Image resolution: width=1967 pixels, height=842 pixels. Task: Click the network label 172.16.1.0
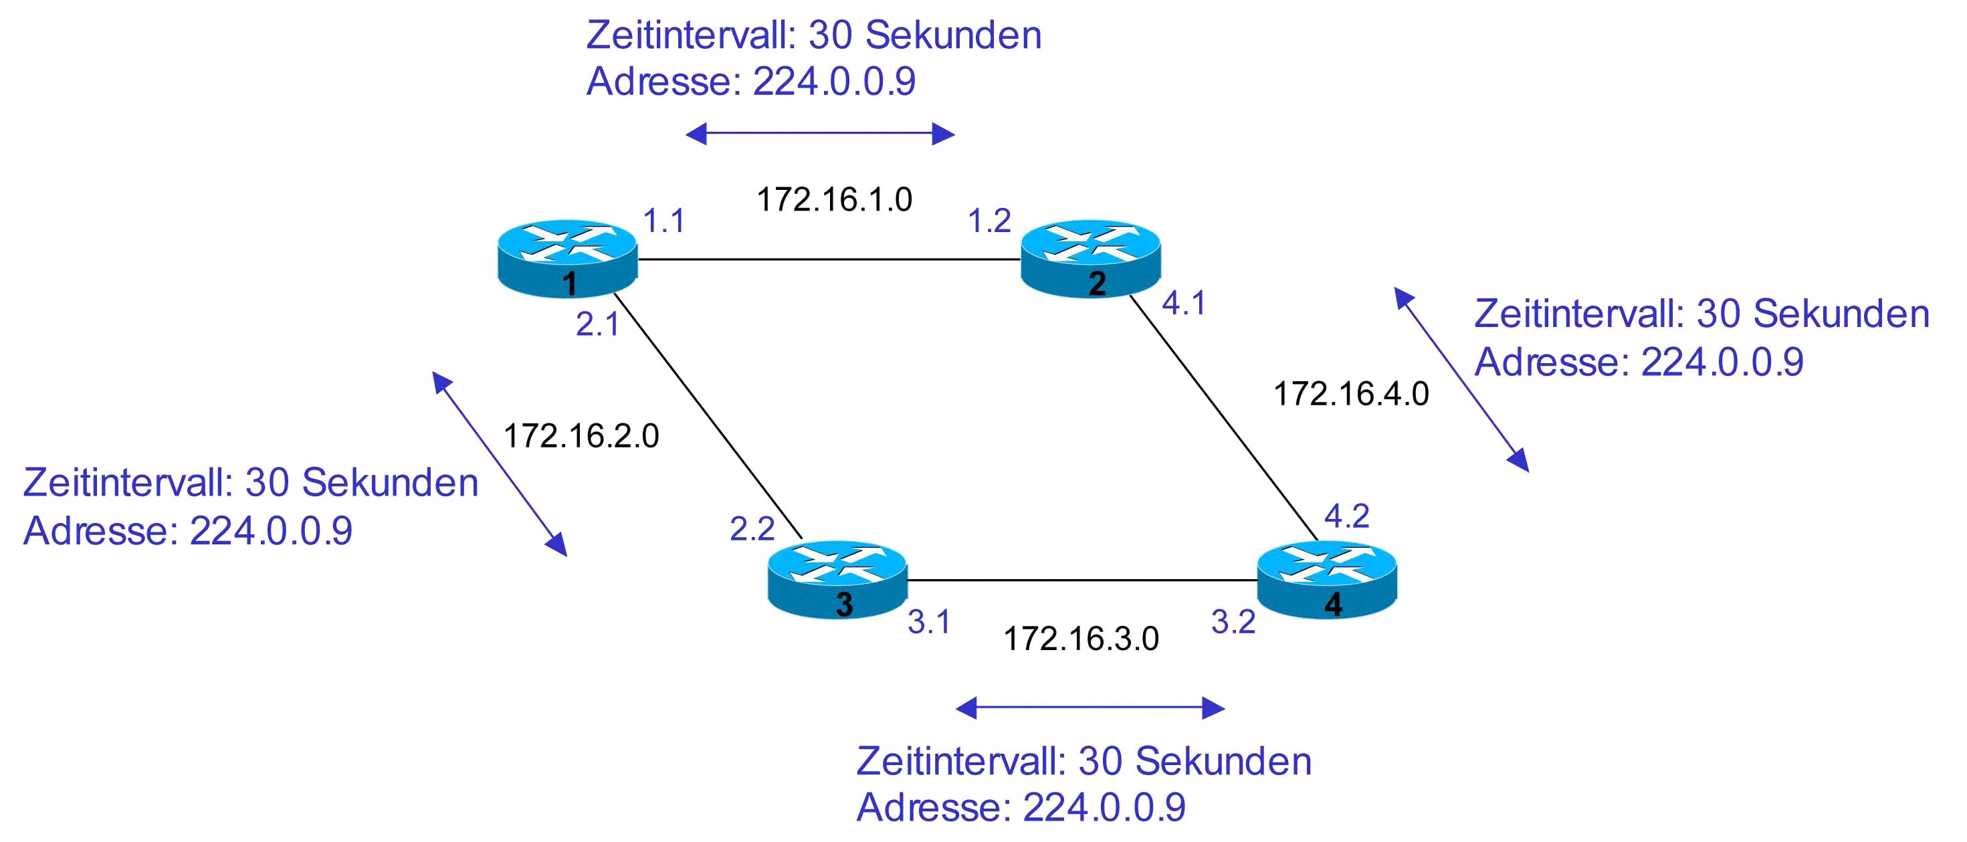tap(834, 199)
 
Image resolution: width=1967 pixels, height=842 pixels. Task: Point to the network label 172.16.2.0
tap(581, 436)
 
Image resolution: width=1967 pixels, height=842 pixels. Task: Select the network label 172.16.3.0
tap(1080, 638)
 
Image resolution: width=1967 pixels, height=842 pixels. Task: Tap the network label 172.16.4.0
tap(1351, 394)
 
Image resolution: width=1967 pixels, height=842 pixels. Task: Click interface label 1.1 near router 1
tap(663, 221)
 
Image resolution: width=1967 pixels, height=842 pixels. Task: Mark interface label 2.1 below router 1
tap(597, 324)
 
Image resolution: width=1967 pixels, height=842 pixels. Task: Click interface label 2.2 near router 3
tap(752, 529)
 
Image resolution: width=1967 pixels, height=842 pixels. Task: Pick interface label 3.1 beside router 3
tap(928, 622)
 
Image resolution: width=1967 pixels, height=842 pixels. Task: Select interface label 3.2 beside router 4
tap(1233, 622)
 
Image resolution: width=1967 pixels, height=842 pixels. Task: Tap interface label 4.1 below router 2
tap(1184, 303)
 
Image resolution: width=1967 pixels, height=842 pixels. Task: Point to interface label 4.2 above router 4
tap(1346, 517)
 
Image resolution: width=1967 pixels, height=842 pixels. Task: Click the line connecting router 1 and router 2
tap(829, 259)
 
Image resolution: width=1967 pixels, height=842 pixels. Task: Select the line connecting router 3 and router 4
tap(1081, 580)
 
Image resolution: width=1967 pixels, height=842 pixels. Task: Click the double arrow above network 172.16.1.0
tap(820, 134)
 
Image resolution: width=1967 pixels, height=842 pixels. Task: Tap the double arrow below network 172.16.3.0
tap(1090, 708)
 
